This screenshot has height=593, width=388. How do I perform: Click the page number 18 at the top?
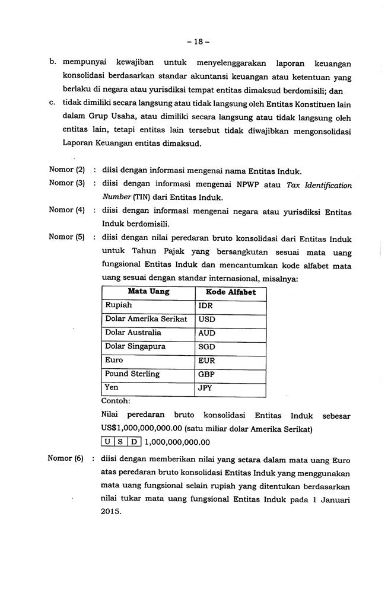click(x=194, y=43)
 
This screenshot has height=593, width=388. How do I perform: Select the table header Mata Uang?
click(x=148, y=292)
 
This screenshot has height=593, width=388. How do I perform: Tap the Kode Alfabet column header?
click(x=230, y=292)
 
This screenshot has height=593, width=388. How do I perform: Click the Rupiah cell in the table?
click(x=119, y=305)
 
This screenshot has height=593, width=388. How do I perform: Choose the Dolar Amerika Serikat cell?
click(x=146, y=319)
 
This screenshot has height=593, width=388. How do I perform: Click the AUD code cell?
click(x=207, y=333)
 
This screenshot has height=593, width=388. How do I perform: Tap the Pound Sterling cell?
click(x=132, y=374)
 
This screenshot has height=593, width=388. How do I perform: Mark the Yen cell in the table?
click(x=112, y=388)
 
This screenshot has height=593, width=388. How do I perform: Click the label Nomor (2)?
click(x=67, y=170)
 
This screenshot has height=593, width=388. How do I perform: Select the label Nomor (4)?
click(x=67, y=211)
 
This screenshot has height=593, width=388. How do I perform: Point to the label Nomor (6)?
click(x=67, y=459)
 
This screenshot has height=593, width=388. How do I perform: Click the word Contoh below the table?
click(x=116, y=400)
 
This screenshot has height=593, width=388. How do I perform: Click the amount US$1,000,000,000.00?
click(x=141, y=428)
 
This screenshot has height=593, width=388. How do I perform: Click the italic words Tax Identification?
click(x=319, y=185)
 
